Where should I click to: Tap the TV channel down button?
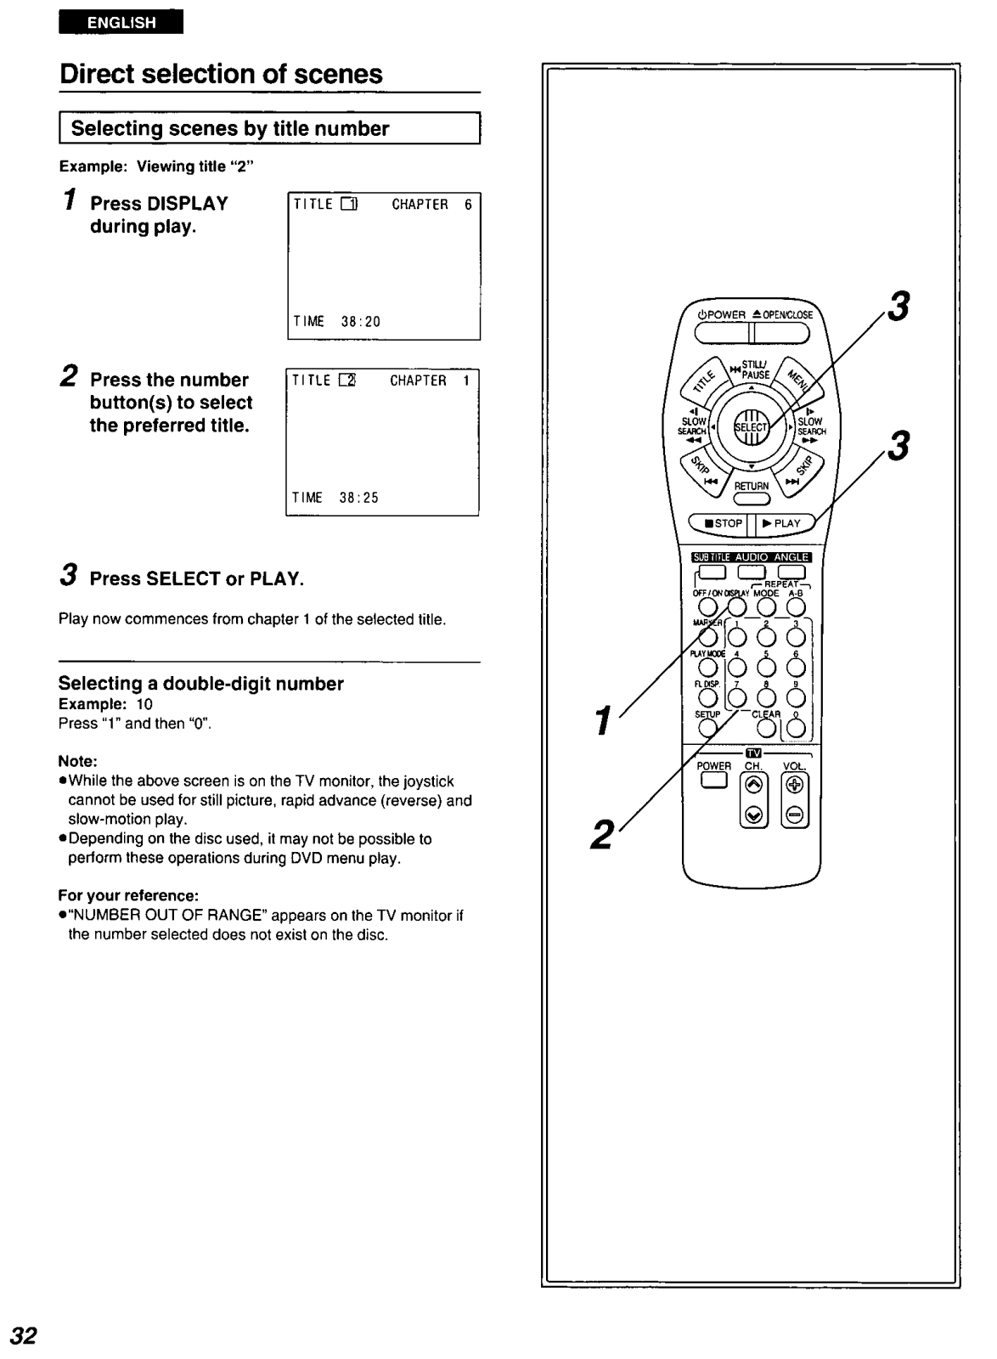[752, 816]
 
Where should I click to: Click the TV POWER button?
[713, 781]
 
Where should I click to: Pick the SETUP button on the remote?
[707, 728]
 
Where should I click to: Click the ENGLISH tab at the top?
[121, 22]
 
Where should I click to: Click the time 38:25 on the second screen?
[359, 499]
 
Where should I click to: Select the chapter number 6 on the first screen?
[468, 205]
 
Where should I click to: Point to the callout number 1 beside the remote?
[603, 721]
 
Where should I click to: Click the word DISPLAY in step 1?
[188, 204]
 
